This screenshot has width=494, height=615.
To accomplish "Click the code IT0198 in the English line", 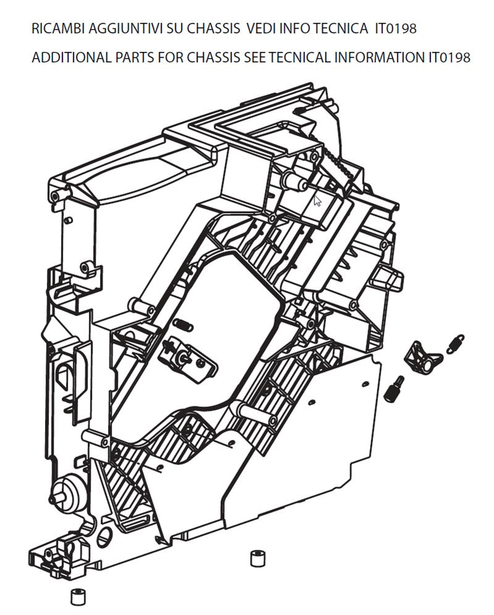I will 449,58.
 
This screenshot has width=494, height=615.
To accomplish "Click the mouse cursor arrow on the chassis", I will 317,200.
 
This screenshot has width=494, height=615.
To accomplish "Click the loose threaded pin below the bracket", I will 394,388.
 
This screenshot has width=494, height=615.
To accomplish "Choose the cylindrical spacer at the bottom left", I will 78,598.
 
